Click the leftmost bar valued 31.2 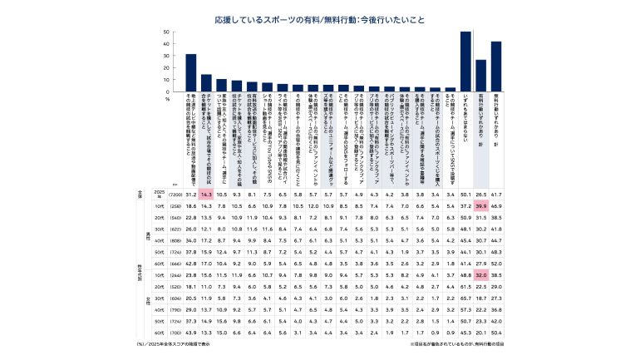click(x=191, y=73)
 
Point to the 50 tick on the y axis click(x=167, y=32)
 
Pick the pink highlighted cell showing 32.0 click(x=480, y=274)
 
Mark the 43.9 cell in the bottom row click(x=191, y=332)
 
